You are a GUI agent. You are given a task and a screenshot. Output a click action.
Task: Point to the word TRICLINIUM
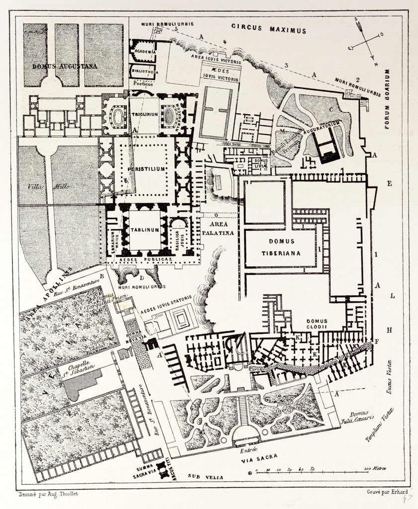pyautogui.click(x=144, y=114)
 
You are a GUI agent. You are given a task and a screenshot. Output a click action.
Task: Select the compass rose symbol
pyautogui.click(x=367, y=42)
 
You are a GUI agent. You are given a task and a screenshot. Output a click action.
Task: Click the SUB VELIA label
pyautogui.click(x=205, y=477)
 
